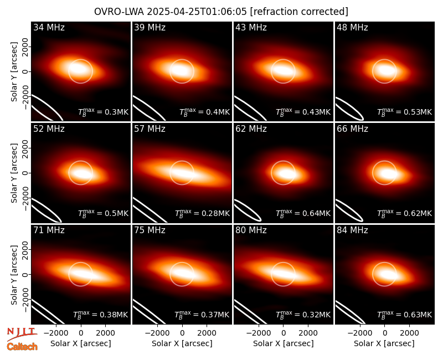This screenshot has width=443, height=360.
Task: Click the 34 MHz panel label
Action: click(49, 27)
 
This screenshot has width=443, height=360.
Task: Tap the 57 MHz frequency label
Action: click(150, 129)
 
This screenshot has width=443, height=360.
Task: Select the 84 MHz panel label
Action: click(352, 230)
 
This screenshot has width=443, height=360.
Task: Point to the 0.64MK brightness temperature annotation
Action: click(303, 213)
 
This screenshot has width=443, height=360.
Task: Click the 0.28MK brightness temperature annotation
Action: click(202, 213)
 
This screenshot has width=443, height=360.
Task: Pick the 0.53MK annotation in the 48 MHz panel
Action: click(405, 112)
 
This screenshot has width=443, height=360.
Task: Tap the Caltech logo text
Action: click(22, 347)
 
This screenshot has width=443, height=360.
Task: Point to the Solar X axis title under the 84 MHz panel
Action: click(384, 343)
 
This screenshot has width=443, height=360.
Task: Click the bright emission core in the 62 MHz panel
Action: click(286, 173)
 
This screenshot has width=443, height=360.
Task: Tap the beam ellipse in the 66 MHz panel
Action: click(349, 210)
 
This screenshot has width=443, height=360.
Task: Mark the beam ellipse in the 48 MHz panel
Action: click(349, 109)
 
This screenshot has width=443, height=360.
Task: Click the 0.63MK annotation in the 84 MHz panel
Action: click(405, 315)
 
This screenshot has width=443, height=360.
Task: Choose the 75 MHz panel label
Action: click(150, 230)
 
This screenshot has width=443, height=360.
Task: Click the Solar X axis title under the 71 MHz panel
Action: click(81, 343)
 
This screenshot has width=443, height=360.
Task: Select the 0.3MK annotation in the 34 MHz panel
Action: click(104, 112)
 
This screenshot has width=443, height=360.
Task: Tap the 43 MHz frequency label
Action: click(251, 27)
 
